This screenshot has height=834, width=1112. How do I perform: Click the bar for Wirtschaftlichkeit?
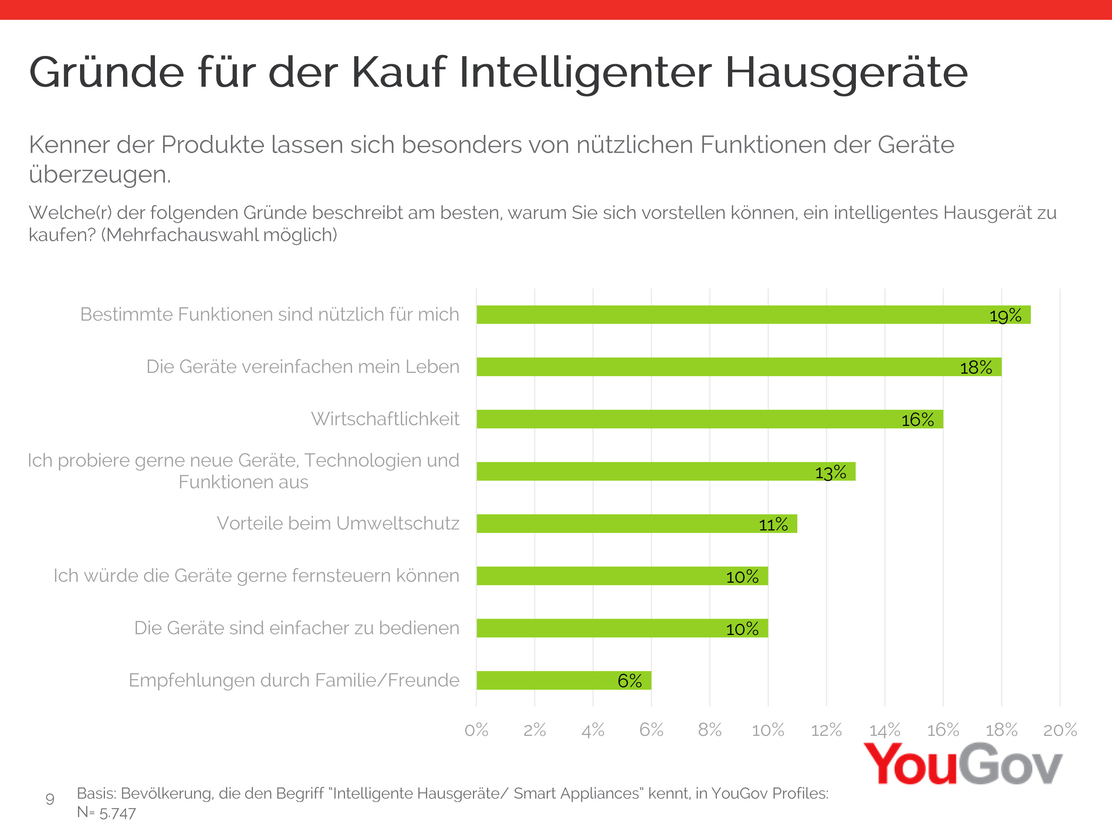(x=709, y=419)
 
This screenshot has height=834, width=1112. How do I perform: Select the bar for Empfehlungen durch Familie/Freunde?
(x=563, y=680)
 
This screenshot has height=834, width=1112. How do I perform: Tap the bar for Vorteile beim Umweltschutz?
(x=636, y=523)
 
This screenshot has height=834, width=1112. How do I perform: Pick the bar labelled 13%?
(x=666, y=471)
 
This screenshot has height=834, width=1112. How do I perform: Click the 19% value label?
(x=1005, y=316)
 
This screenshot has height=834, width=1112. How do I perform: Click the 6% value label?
(x=629, y=681)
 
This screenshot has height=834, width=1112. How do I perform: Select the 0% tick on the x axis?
(x=476, y=729)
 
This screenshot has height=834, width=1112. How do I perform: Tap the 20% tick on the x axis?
(x=1060, y=729)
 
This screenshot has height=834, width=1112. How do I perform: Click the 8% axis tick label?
(x=709, y=729)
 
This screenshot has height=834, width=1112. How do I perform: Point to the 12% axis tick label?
(x=826, y=729)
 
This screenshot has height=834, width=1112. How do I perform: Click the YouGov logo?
(x=962, y=764)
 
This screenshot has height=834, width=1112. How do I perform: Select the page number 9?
(x=50, y=799)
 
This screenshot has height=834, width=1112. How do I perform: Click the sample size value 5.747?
(x=118, y=813)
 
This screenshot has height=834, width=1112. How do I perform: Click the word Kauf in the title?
(x=398, y=72)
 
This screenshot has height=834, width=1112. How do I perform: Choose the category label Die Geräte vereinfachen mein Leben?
(x=302, y=367)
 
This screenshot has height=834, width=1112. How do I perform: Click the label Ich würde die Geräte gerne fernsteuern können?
(x=257, y=576)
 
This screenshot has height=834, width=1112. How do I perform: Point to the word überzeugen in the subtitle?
(x=100, y=175)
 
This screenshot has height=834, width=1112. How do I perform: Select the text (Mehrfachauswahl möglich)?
(x=219, y=235)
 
